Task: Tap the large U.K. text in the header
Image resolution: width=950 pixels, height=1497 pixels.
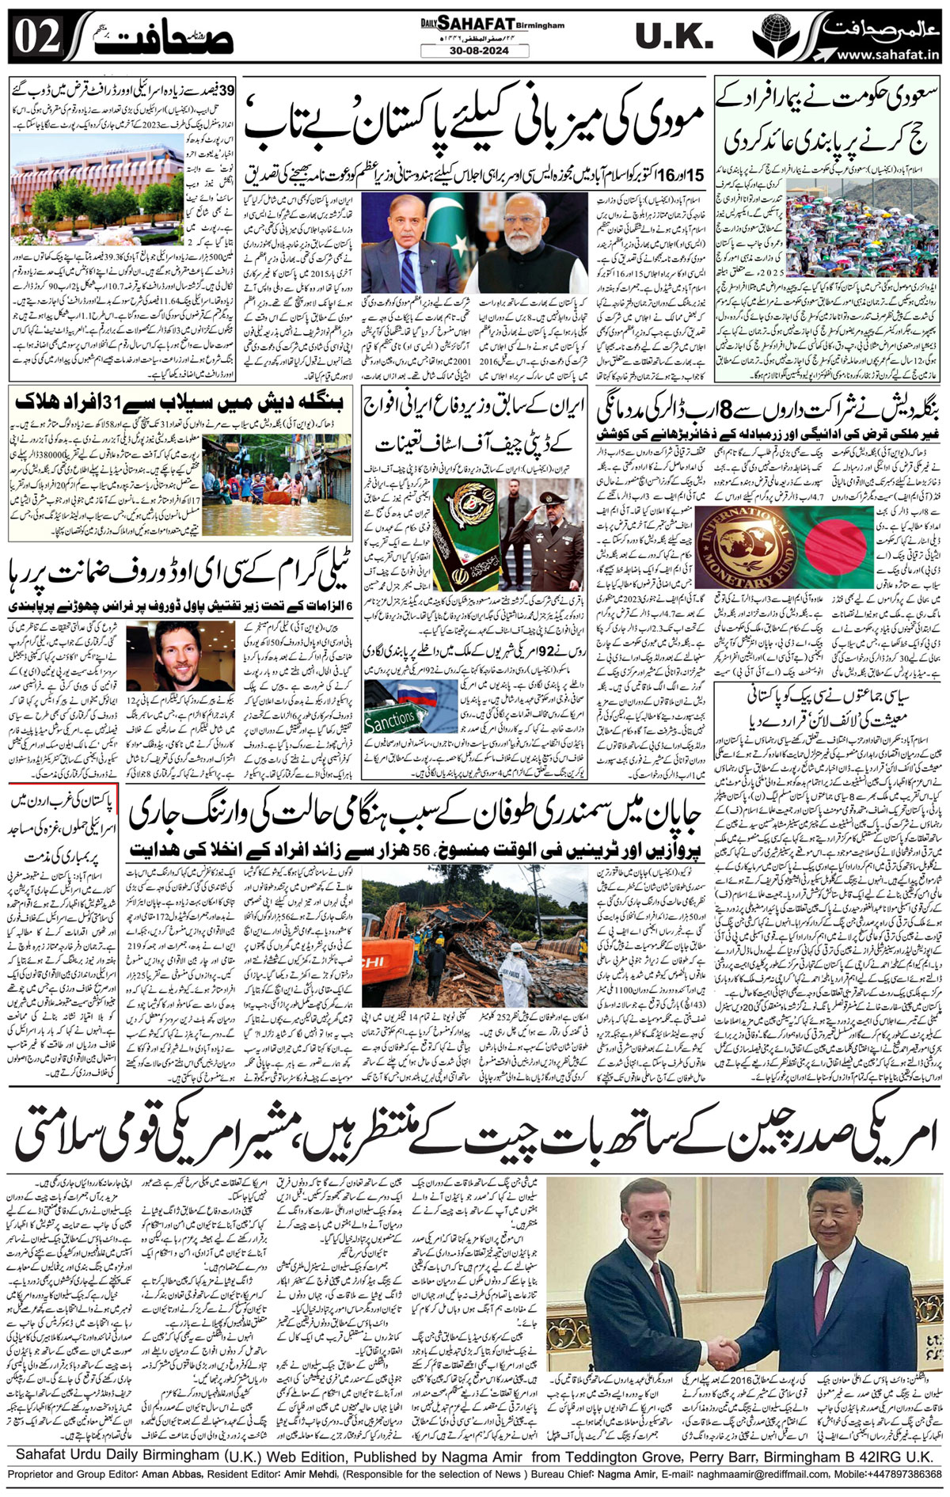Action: (x=675, y=36)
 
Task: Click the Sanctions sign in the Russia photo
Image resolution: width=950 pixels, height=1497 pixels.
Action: (x=392, y=719)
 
